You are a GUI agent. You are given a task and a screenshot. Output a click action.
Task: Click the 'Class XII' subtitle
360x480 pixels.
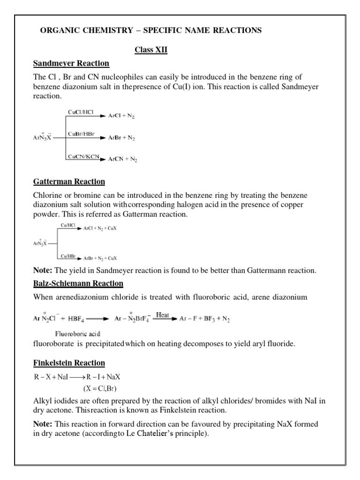[x=151, y=50]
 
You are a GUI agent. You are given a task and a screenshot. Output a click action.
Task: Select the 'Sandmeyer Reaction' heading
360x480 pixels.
[x=71, y=63]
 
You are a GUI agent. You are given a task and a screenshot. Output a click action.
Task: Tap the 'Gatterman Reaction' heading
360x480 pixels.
[x=69, y=181]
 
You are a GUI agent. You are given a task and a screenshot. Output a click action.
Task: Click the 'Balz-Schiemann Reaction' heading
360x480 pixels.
[x=78, y=283]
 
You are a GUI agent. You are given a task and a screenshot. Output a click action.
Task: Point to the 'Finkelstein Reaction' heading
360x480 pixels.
[x=69, y=363]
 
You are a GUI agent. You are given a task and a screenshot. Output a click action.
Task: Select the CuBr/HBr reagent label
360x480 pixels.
[x=78, y=135]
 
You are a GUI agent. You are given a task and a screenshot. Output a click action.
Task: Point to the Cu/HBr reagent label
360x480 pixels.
[x=67, y=255]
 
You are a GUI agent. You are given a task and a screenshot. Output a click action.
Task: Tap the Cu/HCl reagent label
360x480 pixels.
[x=67, y=225]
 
